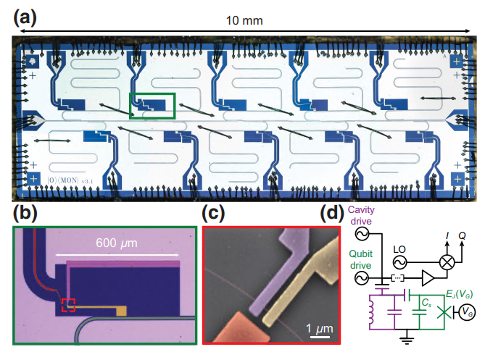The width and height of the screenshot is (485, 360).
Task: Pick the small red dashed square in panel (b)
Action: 68,305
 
